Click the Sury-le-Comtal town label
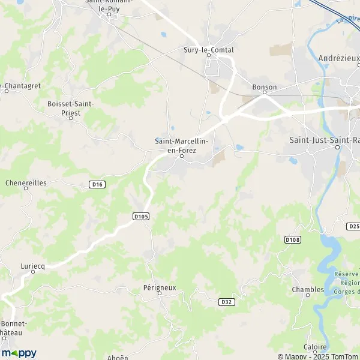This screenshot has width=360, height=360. (x=208, y=50)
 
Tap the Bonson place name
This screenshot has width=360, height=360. (x=265, y=87)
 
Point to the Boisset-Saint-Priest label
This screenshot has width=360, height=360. (x=71, y=107)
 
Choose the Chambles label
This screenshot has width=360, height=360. (x=308, y=289)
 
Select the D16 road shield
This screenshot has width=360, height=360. (x=98, y=184)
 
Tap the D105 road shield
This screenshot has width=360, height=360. (x=140, y=215)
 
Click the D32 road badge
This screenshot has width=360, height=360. (x=225, y=302)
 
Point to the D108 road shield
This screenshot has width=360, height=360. (x=292, y=240)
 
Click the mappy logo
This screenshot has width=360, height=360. (x=19, y=353)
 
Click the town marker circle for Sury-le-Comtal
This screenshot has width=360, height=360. (x=209, y=56)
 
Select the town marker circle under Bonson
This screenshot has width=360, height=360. (x=263, y=94)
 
